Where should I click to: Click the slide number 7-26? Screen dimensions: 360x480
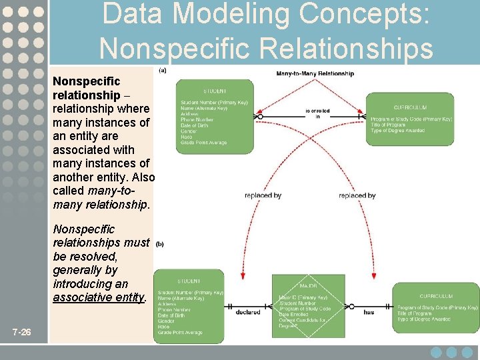click(21, 332)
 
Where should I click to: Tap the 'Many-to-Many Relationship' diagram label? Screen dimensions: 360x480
click(315, 73)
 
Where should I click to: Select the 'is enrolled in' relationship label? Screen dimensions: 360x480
click(317, 113)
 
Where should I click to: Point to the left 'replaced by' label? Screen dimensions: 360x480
click(263, 195)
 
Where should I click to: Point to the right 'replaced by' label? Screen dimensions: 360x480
click(357, 195)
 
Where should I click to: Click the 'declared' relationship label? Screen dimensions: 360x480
click(248, 311)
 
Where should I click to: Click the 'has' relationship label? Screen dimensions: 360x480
click(369, 311)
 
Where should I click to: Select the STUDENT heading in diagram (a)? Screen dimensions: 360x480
click(215, 91)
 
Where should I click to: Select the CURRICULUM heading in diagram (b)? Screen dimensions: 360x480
click(437, 296)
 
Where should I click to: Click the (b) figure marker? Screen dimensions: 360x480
click(160, 244)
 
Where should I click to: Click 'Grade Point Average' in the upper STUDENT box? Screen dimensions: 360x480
click(203, 143)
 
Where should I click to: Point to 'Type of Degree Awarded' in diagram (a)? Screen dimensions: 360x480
click(398, 131)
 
